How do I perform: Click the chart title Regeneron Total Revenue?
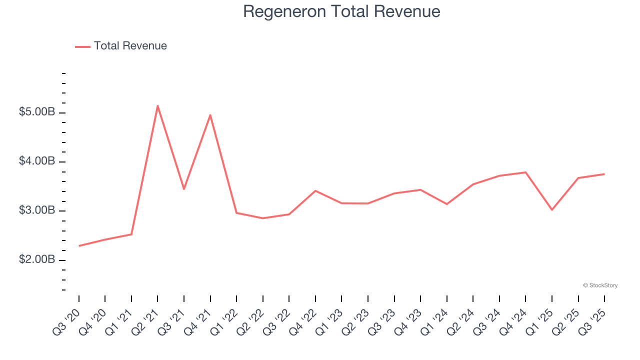coord(341,11)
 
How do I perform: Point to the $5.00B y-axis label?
coord(37,112)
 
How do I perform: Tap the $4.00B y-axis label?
coord(37,161)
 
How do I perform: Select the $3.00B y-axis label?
coord(37,210)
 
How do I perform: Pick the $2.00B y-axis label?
coord(37,260)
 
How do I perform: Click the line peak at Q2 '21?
coord(157,105)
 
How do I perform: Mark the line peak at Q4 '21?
coord(210,115)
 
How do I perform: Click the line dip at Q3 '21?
coord(184,189)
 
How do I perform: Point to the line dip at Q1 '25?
coord(552,209)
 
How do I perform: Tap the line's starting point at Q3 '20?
coord(79,246)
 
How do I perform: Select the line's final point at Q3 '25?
coord(604,174)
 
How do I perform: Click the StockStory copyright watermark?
coord(600,285)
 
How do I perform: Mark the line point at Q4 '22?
coord(315,190)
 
